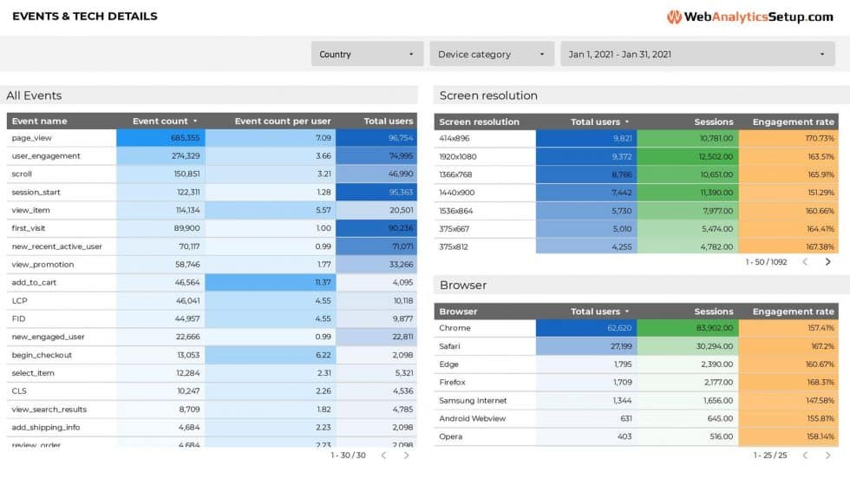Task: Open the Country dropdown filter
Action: pos(367,54)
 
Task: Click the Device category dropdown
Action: pos(491,54)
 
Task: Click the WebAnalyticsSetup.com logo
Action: pos(749,16)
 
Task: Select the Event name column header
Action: pos(39,121)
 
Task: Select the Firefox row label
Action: pos(453,383)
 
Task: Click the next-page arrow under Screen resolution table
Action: pos(828,261)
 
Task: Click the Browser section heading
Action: pos(463,285)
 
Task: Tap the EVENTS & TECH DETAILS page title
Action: pos(85,16)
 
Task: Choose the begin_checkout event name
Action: pos(42,355)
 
